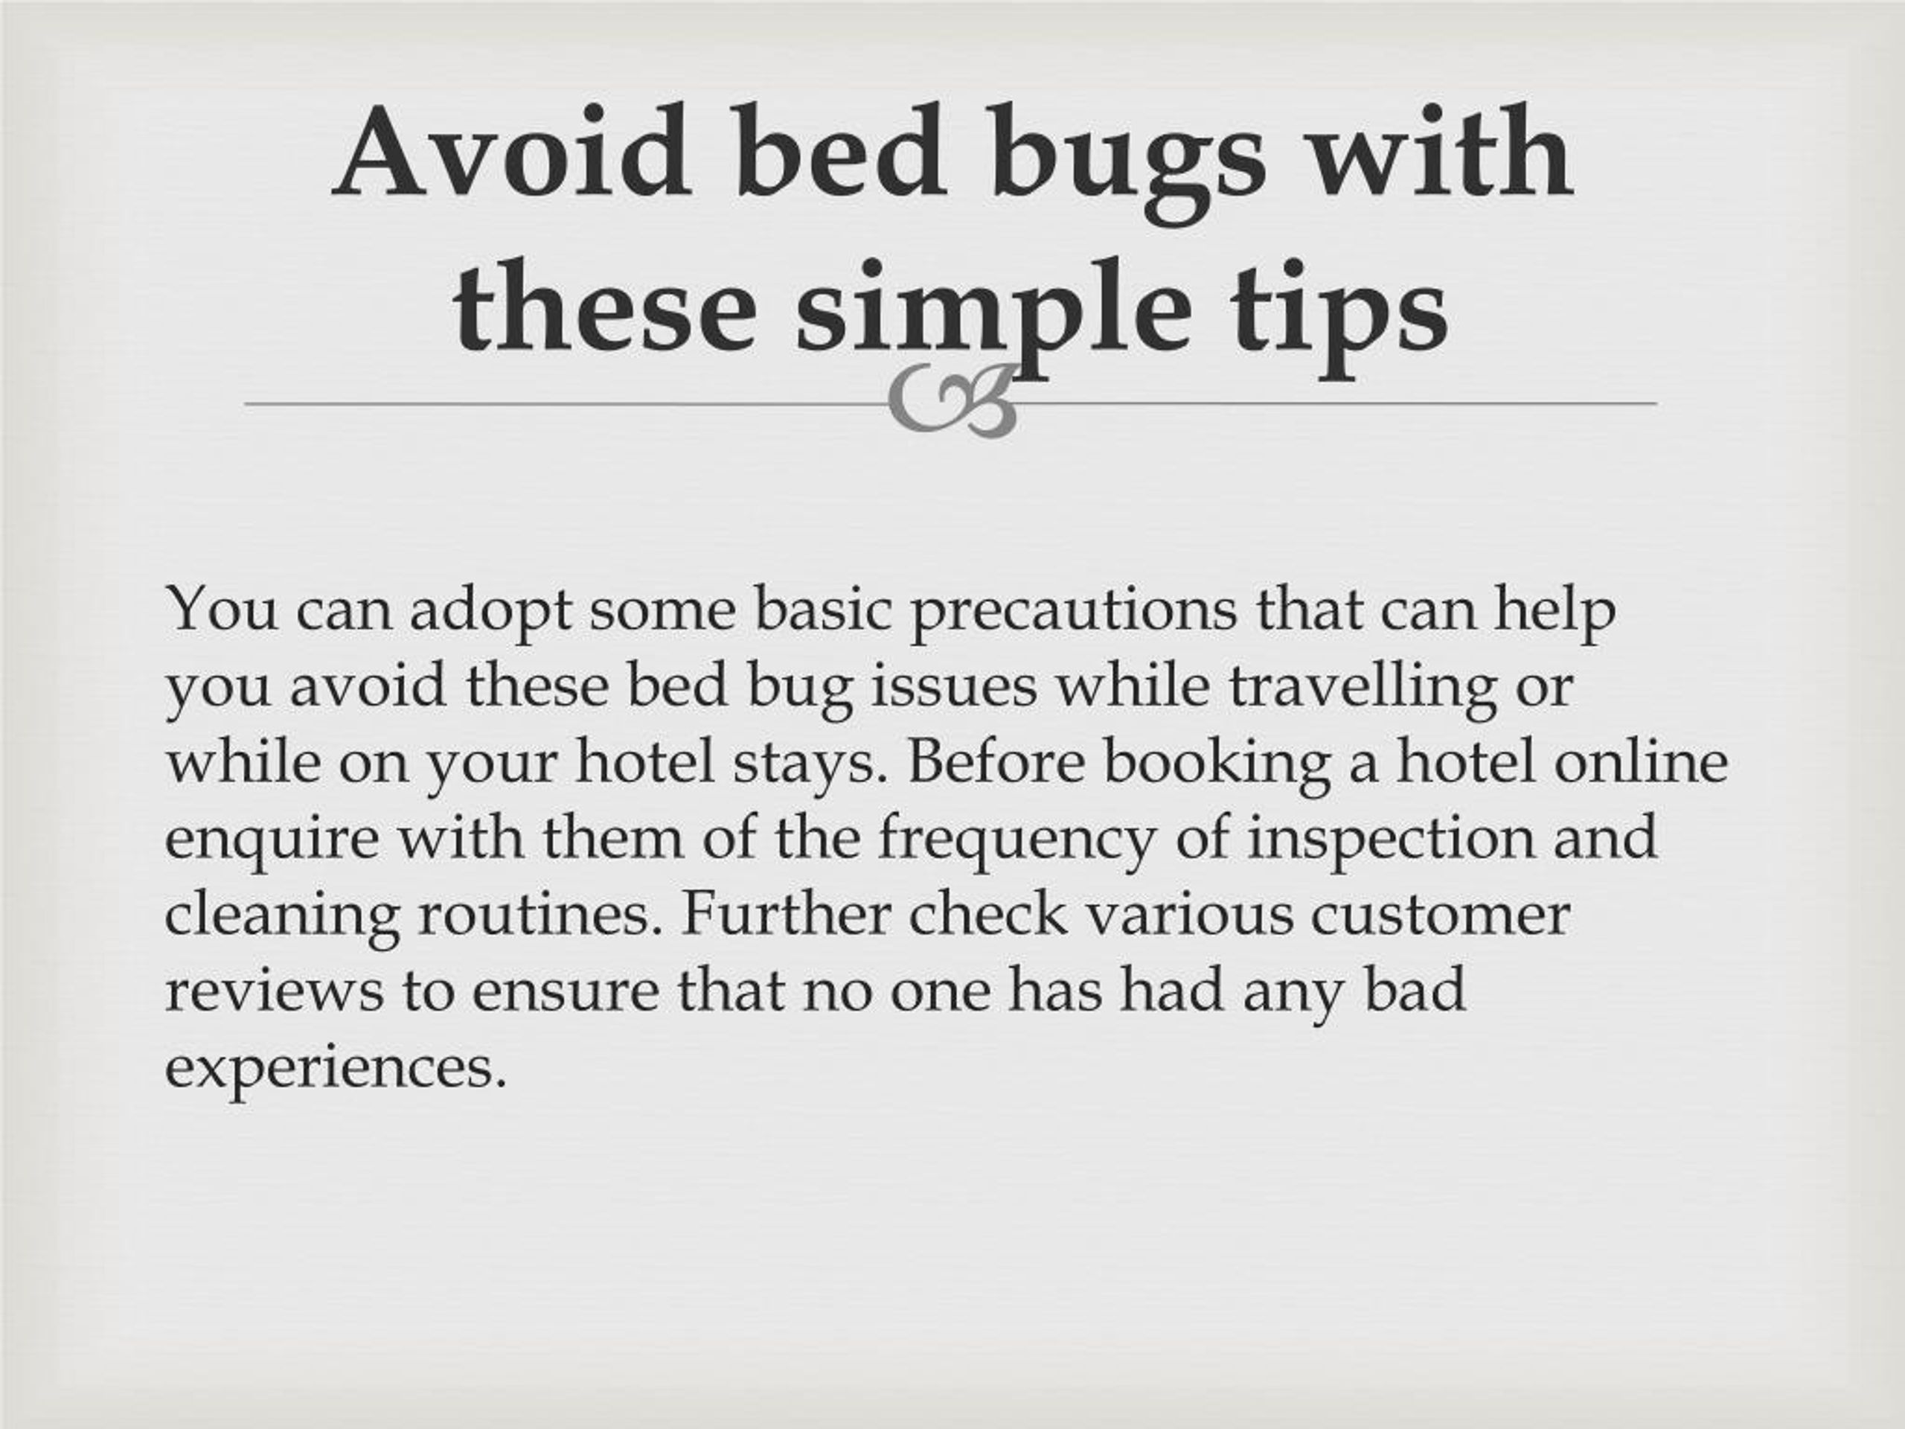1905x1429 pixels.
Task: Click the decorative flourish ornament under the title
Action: pos(953,401)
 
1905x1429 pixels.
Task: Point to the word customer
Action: pos(1441,915)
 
